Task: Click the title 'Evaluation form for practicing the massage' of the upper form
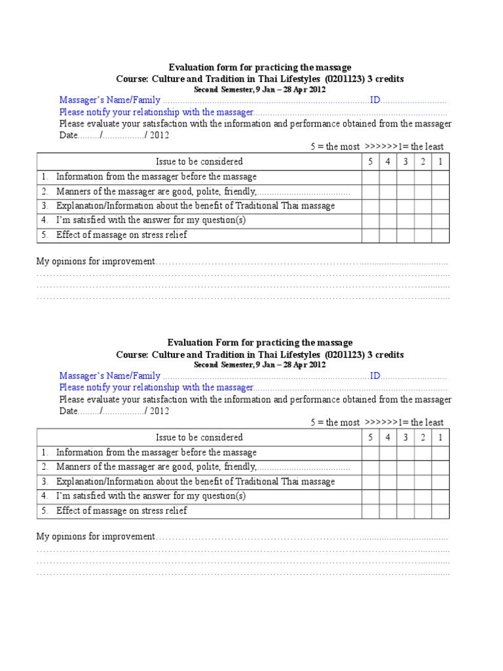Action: pos(260,67)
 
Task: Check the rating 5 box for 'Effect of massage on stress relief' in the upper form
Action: pos(370,235)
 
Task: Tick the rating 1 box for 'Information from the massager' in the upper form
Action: pos(440,177)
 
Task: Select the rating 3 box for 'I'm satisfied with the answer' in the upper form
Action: pos(405,221)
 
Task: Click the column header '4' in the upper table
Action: pos(388,162)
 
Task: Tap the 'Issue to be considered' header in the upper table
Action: pos(199,162)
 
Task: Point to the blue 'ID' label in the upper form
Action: pos(375,100)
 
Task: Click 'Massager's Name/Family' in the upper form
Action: pos(109,100)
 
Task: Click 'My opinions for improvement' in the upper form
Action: pos(95,261)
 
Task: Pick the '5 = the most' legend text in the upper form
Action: pos(335,147)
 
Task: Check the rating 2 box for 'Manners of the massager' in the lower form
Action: pos(422,467)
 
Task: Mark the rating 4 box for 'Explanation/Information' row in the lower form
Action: pos(388,482)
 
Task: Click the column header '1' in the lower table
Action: pos(440,438)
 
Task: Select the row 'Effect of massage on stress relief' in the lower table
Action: pos(121,511)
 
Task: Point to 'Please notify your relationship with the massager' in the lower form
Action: pos(156,387)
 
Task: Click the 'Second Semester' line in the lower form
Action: pos(259,365)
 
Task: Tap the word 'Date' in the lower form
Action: pos(68,412)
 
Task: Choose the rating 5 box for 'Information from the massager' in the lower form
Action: pos(370,453)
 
